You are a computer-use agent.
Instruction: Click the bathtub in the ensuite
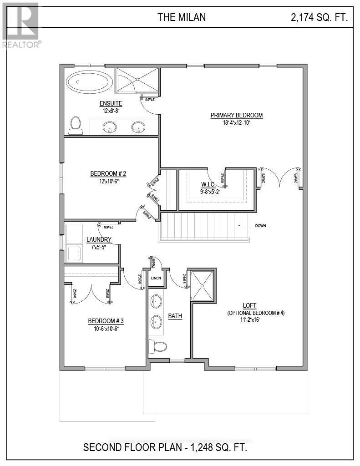(x=89, y=83)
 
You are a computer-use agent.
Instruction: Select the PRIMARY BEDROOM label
(x=236, y=115)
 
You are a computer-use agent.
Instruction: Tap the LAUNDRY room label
(x=99, y=240)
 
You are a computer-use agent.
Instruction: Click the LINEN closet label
(x=156, y=278)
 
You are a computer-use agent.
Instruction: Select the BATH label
(x=175, y=316)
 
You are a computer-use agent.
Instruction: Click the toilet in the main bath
(x=157, y=347)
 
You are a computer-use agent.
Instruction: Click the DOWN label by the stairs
(x=261, y=226)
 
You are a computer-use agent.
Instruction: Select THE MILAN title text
(x=182, y=17)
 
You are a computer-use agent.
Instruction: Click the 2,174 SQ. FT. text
(x=319, y=18)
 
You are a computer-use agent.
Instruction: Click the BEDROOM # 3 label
(x=106, y=321)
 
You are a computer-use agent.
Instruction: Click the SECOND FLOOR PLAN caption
(x=165, y=447)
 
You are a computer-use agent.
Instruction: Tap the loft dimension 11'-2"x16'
(x=255, y=320)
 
